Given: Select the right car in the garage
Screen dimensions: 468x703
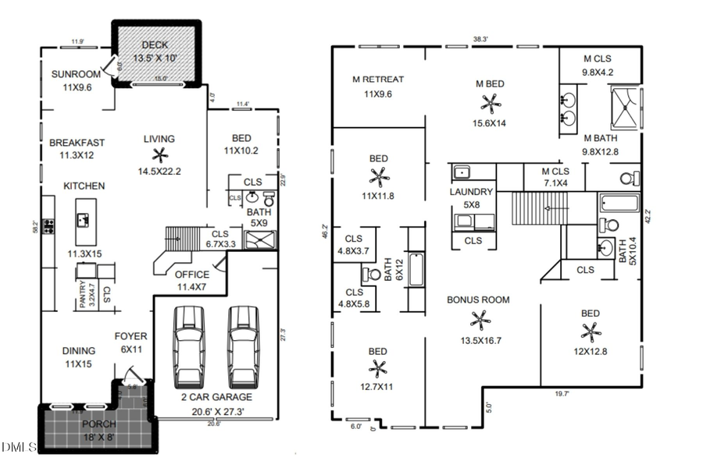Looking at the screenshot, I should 242,346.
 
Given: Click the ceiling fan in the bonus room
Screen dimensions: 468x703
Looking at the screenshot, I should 478,318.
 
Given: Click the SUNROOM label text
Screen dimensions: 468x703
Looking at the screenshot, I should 76,74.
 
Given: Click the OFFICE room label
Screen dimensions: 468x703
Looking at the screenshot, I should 191,275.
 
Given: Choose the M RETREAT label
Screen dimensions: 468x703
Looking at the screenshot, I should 378,79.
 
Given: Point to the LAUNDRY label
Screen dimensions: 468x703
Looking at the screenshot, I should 471,192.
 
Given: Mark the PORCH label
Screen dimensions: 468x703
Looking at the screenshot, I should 98,424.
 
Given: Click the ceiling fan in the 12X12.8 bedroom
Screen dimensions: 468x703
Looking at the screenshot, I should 591,332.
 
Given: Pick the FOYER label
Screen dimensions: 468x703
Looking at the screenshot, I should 131,337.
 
